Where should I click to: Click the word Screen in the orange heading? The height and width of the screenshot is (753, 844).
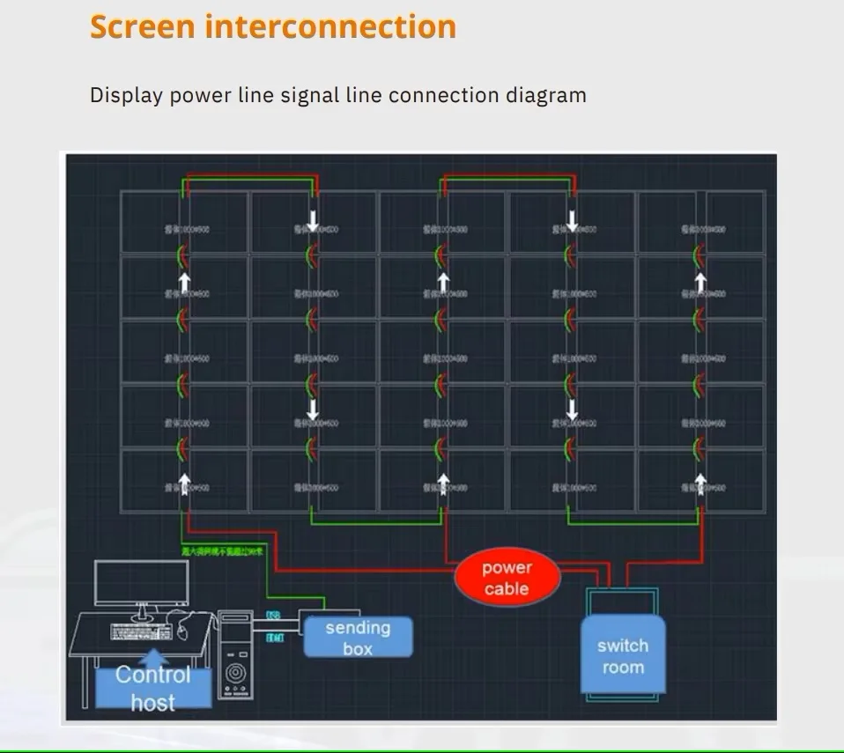[x=142, y=26]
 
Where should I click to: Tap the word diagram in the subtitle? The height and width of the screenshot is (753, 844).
[x=545, y=95]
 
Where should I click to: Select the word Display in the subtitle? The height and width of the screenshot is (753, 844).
[x=126, y=95]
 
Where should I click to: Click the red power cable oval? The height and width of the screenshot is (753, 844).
[x=507, y=579]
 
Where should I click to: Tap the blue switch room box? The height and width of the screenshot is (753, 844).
[x=622, y=656]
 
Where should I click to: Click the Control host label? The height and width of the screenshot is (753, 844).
[x=153, y=688]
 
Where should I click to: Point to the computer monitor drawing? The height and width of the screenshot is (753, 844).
[x=141, y=582]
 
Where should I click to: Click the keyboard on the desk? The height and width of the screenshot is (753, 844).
[x=141, y=631]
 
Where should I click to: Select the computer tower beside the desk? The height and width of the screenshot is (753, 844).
[x=235, y=654]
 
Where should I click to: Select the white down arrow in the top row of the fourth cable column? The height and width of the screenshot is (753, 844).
[x=572, y=220]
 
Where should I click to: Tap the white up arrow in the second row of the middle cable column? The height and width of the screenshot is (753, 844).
[x=443, y=283]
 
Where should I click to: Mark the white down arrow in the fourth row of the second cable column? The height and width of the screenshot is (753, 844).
[x=313, y=410]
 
